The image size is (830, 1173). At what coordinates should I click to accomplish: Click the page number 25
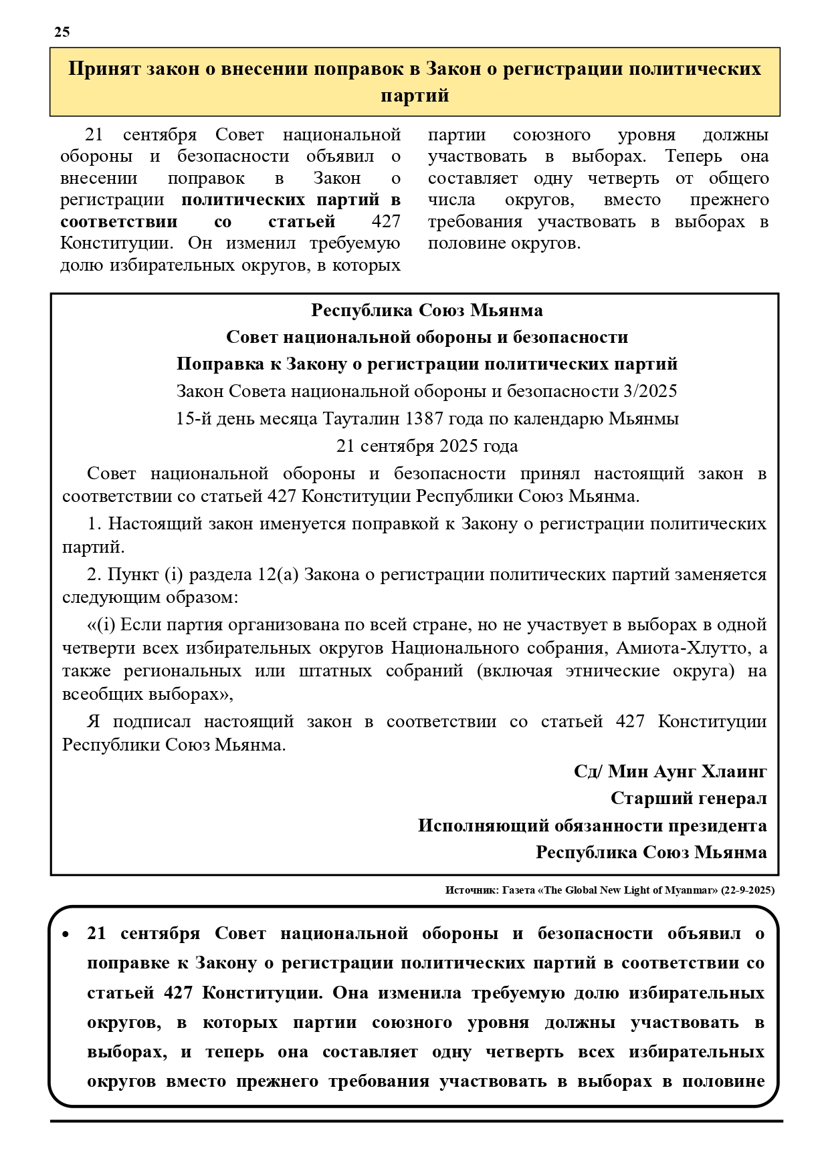click(x=62, y=32)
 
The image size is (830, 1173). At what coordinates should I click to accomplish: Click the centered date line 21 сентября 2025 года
click(x=427, y=446)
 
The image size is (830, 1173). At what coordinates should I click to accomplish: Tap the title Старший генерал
click(x=688, y=798)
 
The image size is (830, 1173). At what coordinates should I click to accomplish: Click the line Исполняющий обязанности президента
click(x=592, y=825)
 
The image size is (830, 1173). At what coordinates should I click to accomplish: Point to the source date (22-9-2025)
click(x=748, y=890)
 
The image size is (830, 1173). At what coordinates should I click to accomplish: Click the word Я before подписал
click(x=93, y=721)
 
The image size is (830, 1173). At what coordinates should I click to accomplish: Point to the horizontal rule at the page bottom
click(x=416, y=1121)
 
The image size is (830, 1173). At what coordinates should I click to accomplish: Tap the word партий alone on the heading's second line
click(x=415, y=96)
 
